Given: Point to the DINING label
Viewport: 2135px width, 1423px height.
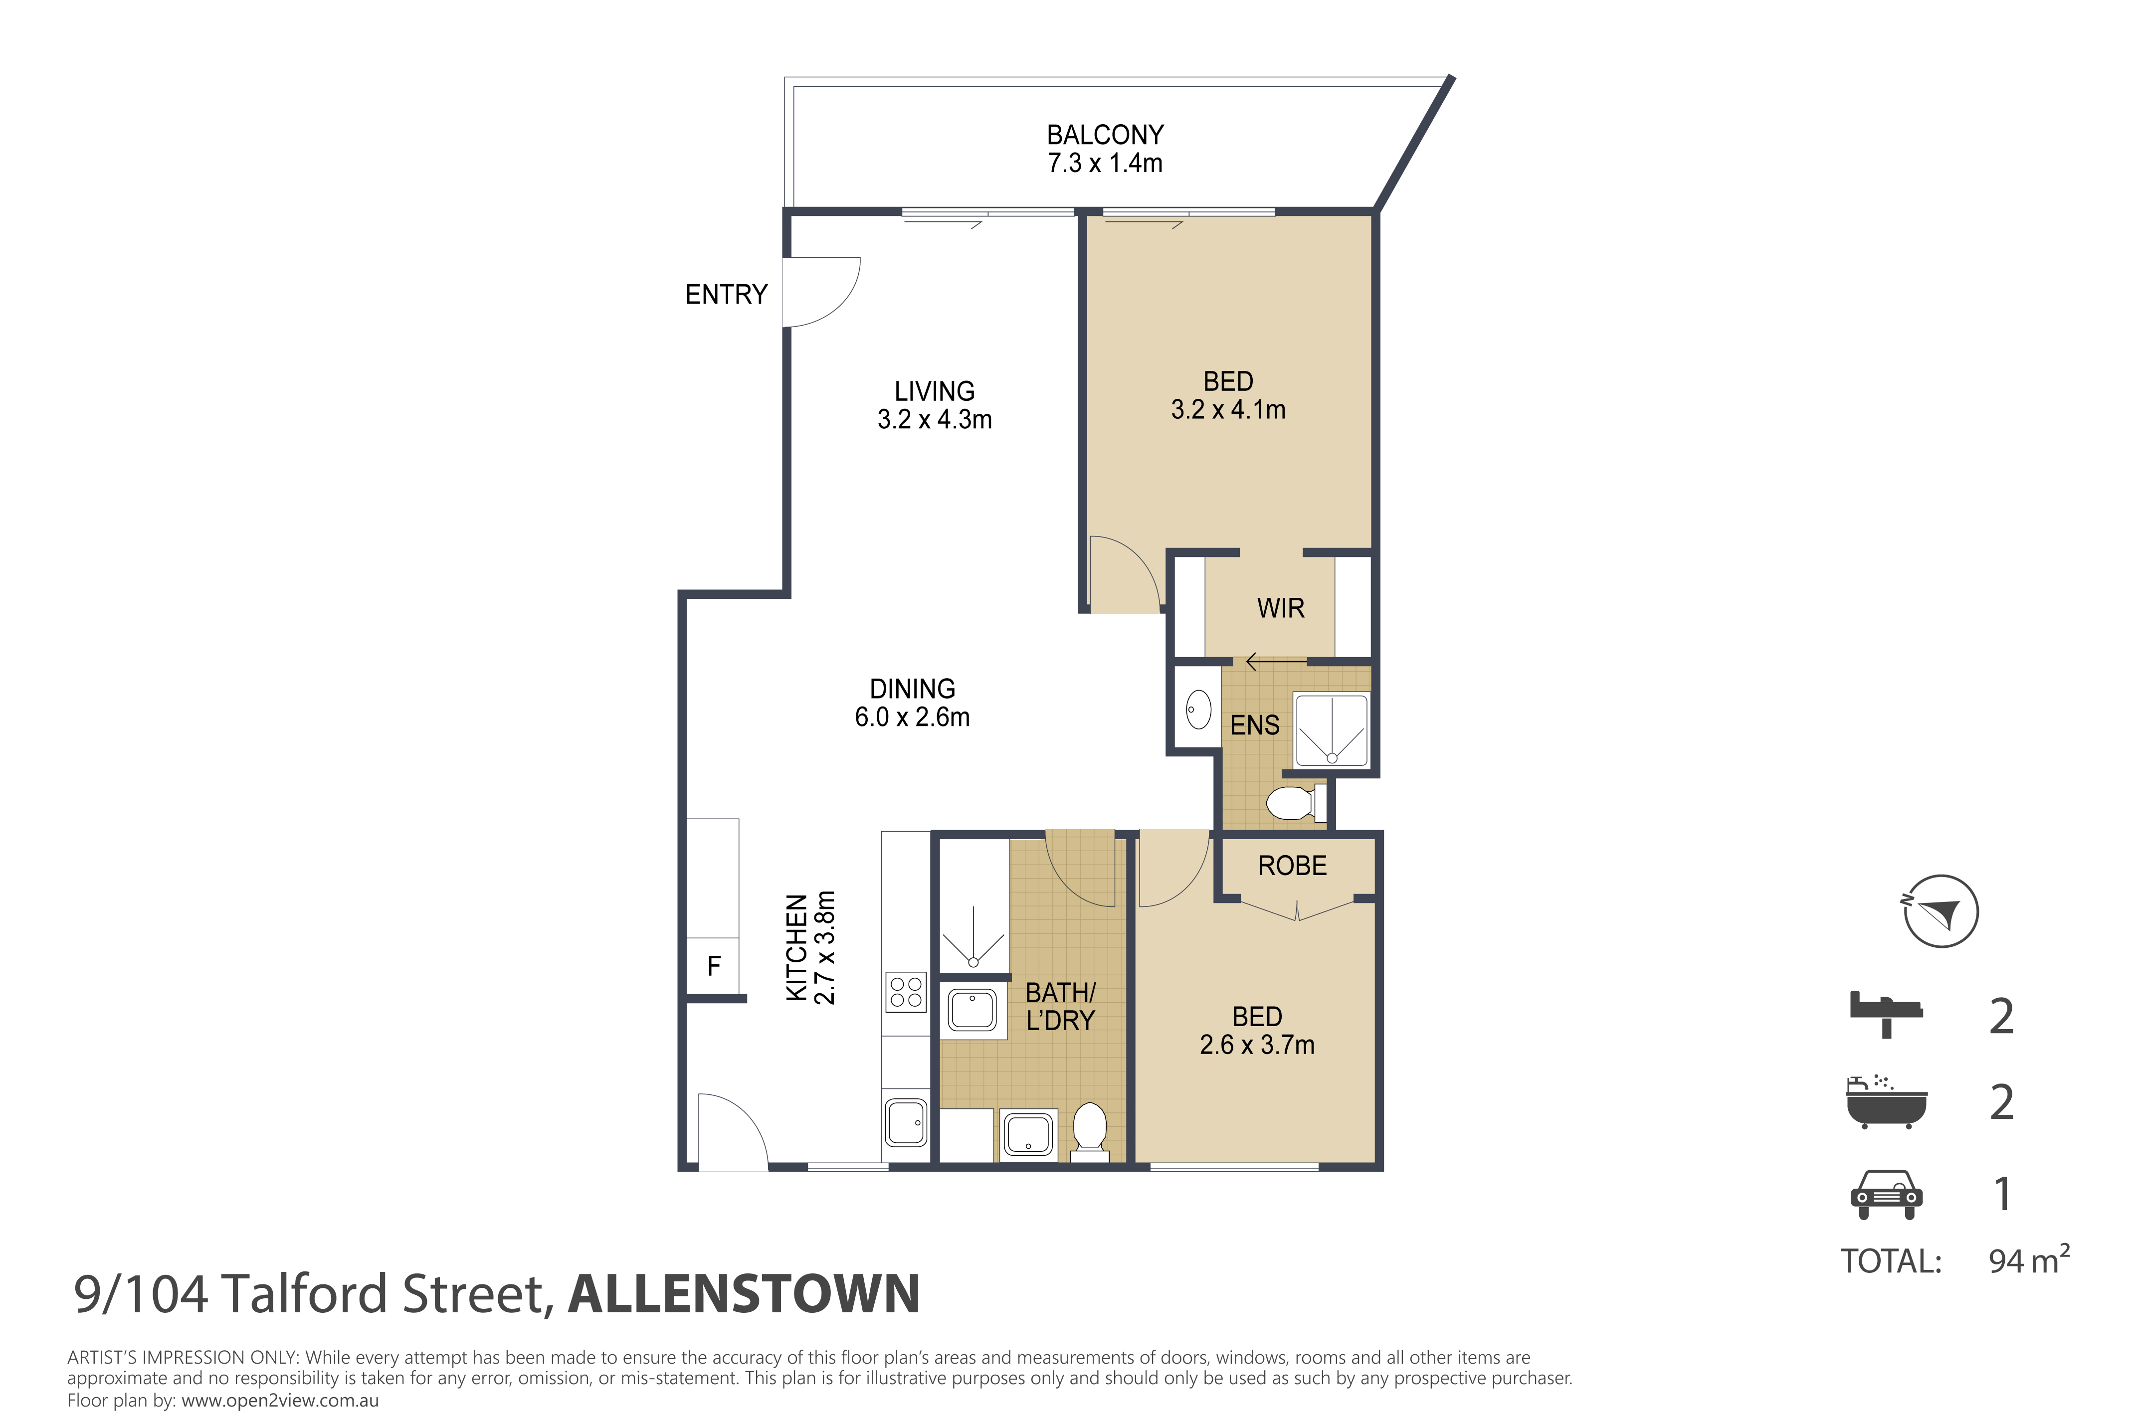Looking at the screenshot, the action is click(x=912, y=689).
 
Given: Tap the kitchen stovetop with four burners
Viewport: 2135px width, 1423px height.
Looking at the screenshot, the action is click(x=906, y=992).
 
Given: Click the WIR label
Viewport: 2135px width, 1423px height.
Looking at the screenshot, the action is click(x=1281, y=608).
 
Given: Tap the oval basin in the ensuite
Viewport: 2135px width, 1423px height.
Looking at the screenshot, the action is click(x=1198, y=710).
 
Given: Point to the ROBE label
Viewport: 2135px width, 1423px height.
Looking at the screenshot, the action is click(x=1293, y=866).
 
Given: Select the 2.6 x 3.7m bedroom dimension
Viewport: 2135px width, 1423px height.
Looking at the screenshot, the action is click(x=1257, y=1045).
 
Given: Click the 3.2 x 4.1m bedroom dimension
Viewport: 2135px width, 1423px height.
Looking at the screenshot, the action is click(x=1228, y=409).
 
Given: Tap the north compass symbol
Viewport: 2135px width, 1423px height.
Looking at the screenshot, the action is click(x=1941, y=911).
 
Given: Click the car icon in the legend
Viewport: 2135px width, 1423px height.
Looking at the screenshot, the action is click(x=1886, y=1194).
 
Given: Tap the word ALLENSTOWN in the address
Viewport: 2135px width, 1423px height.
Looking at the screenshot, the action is click(x=745, y=1294).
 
